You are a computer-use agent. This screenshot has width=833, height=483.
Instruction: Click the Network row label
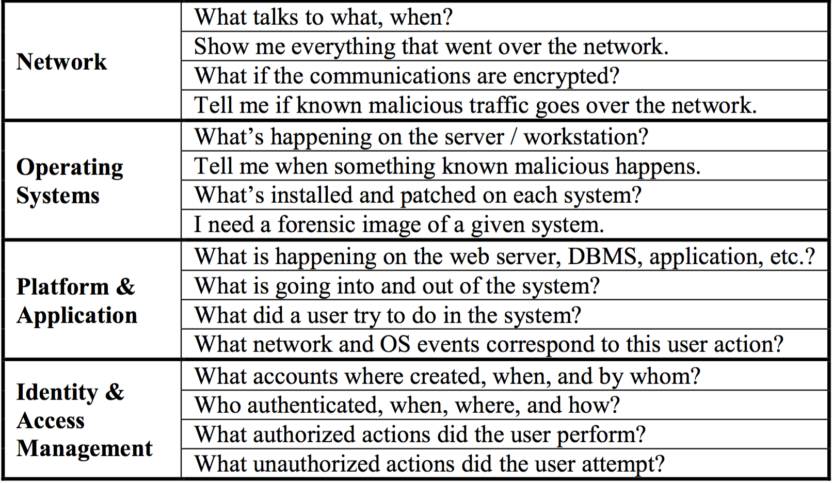(62, 61)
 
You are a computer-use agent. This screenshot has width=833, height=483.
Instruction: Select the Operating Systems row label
(70, 181)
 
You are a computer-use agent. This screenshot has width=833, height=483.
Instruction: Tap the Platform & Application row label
(77, 301)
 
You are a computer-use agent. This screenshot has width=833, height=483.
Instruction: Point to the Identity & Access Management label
(85, 420)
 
